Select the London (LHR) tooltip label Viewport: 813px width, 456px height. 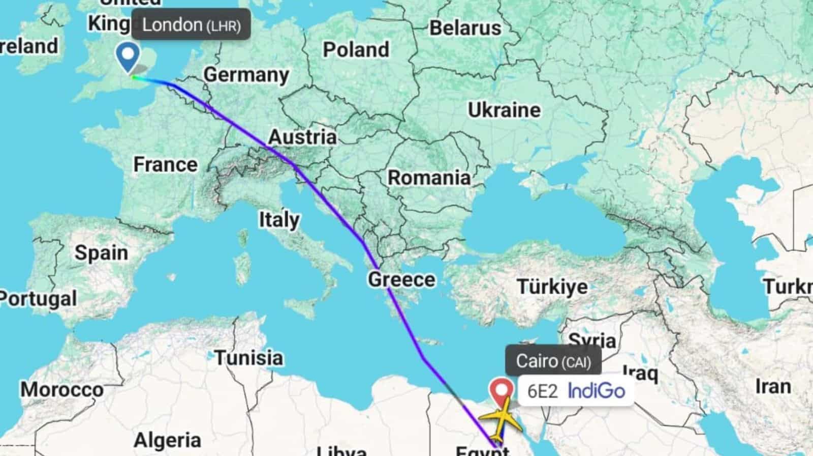(x=191, y=25)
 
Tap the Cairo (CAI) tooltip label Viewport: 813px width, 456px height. (x=553, y=361)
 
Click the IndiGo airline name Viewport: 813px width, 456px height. (x=597, y=391)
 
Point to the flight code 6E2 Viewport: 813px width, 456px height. (x=543, y=391)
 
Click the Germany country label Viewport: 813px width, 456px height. (x=246, y=75)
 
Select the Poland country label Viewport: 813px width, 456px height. (x=356, y=50)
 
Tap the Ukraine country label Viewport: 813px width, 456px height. (x=504, y=110)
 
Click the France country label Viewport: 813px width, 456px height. (x=165, y=164)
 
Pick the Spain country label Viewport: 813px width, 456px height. (x=101, y=252)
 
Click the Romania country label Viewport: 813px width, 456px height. (x=429, y=178)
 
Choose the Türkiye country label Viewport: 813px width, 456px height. (x=552, y=287)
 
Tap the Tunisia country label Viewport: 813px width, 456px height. (x=248, y=357)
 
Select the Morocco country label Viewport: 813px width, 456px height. (x=62, y=390)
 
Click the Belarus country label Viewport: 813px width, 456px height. (x=465, y=28)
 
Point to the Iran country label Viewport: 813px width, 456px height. (x=773, y=386)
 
